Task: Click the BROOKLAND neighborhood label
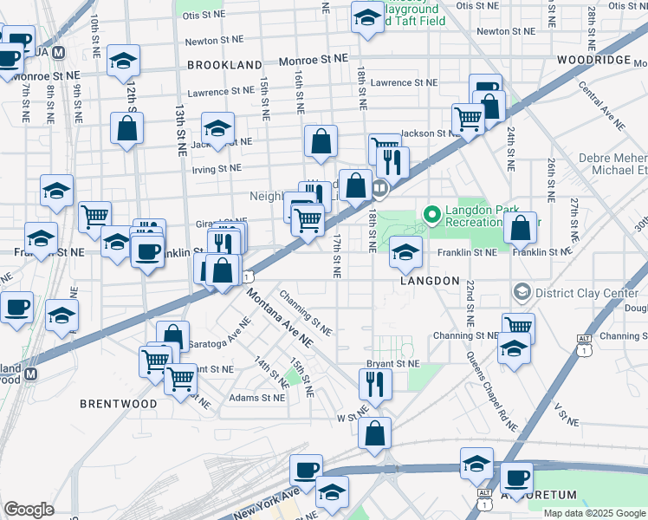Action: click(224, 65)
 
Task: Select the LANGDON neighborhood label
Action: click(430, 281)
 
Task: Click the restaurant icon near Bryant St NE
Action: click(374, 383)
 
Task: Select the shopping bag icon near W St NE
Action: click(374, 434)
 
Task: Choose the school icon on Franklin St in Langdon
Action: click(404, 251)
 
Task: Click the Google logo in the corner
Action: click(29, 510)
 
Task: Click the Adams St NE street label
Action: click(256, 399)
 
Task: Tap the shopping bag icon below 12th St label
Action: click(127, 129)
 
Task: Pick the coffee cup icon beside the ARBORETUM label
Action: click(518, 477)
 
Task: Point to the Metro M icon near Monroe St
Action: click(59, 52)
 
